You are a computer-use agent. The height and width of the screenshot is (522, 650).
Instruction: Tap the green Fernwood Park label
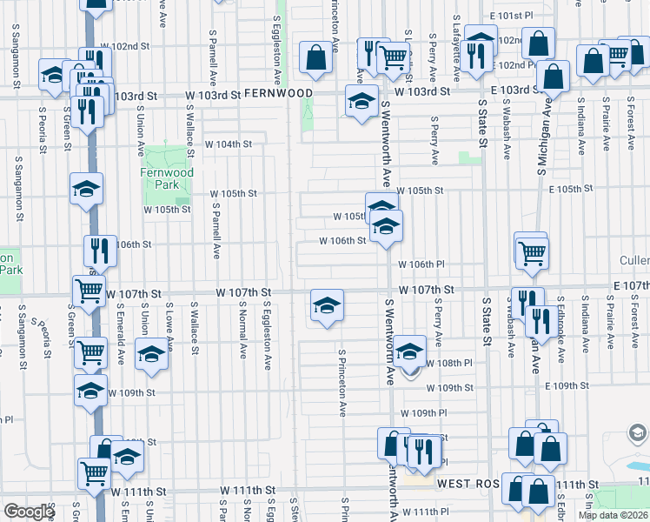click(x=165, y=178)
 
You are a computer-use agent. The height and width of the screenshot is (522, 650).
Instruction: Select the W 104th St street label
click(x=228, y=144)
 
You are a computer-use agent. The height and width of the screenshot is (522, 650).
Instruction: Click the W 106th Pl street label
click(x=421, y=264)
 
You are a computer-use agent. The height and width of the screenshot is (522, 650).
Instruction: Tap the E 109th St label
click(x=568, y=385)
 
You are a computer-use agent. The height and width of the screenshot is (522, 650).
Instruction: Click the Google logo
click(x=29, y=511)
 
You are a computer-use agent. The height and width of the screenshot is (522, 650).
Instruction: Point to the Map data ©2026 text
click(x=613, y=514)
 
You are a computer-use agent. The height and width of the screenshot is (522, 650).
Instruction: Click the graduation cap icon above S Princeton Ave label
click(x=327, y=305)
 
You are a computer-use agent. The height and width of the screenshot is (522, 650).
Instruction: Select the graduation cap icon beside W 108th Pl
click(x=408, y=351)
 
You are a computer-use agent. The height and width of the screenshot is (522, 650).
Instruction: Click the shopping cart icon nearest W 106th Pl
click(x=532, y=253)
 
